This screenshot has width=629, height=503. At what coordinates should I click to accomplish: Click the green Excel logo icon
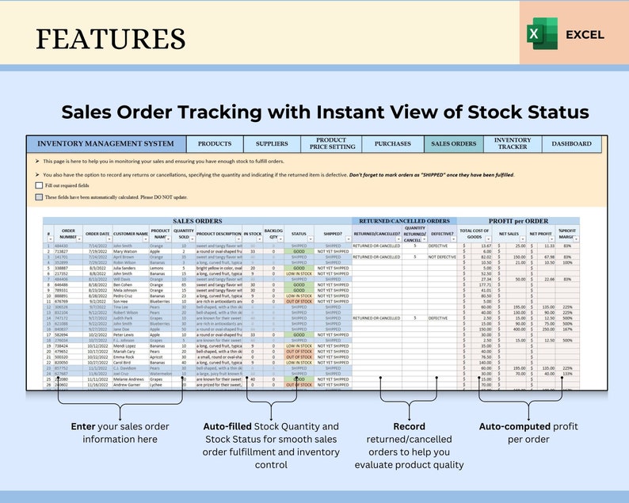tap(536, 35)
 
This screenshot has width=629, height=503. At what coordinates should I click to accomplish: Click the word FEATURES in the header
tap(111, 37)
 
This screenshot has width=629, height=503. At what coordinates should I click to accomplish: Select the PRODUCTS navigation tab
tap(215, 144)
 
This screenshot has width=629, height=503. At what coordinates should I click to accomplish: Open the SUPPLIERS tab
tap(272, 144)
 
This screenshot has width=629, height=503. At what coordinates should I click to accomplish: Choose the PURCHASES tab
tap(392, 144)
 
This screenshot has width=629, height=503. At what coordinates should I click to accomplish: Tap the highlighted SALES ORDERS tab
tap(453, 144)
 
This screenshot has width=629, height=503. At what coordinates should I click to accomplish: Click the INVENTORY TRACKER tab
tap(513, 143)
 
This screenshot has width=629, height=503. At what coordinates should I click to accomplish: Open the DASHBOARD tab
tap(571, 144)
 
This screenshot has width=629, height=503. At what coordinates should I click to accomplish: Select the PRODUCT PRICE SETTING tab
tap(331, 143)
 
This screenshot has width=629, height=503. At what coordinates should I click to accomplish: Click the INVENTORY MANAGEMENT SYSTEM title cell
tap(105, 144)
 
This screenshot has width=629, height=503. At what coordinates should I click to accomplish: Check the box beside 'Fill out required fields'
tap(39, 185)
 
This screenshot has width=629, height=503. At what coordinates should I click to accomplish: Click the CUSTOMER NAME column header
tap(131, 234)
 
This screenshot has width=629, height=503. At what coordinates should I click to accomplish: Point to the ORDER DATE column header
tap(97, 234)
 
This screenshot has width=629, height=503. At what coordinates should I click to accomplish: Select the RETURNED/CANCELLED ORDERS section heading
tap(404, 222)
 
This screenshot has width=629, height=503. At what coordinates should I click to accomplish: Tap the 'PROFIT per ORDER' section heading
tap(519, 222)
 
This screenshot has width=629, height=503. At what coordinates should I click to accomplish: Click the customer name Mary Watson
tap(128, 251)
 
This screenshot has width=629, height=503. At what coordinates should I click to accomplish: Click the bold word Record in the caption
tap(409, 426)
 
